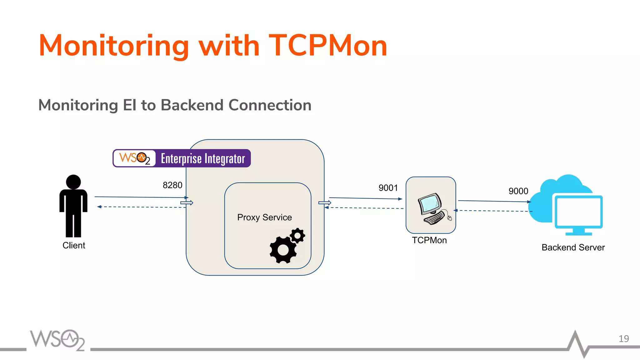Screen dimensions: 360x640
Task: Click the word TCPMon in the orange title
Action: [x=328, y=46]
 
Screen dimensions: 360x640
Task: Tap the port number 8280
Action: [x=172, y=185]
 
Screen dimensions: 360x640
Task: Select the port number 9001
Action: [x=388, y=188]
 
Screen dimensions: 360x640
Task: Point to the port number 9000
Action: [x=518, y=191]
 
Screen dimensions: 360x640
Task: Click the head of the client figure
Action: [x=73, y=182]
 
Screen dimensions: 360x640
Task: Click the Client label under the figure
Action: [x=74, y=245]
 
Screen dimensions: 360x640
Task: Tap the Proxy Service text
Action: [x=264, y=217]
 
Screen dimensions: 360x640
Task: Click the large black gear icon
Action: [x=283, y=250]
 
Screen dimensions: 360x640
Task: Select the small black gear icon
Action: [x=297, y=235]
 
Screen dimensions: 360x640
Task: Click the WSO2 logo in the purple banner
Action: [x=135, y=158]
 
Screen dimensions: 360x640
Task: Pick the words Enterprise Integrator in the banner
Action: [x=203, y=159]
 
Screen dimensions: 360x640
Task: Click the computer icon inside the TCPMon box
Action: [x=433, y=208]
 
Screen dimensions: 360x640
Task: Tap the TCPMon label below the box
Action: [x=429, y=240]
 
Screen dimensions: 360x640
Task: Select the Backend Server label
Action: [x=573, y=247]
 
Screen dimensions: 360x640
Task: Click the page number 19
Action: [x=623, y=339]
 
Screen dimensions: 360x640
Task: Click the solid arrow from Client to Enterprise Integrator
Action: [x=141, y=197]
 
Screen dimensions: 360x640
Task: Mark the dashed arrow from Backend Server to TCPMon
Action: [x=494, y=211]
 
